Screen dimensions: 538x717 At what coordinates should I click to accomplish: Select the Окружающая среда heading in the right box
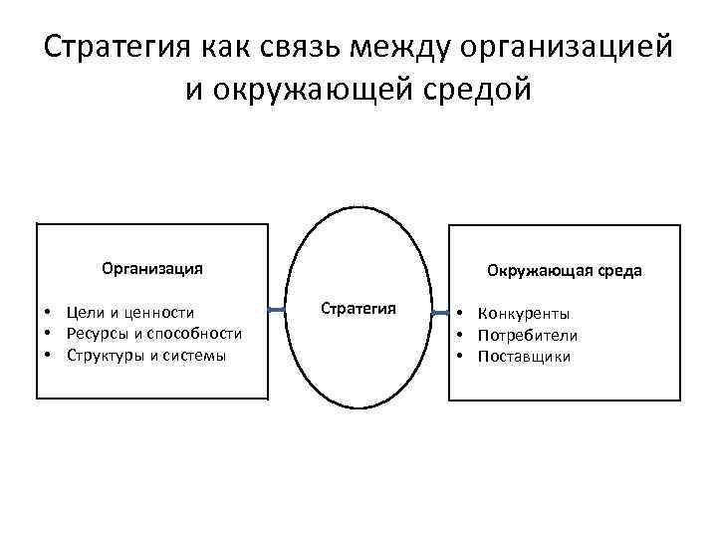pos(564,270)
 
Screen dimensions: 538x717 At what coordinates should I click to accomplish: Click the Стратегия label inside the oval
pos(358,308)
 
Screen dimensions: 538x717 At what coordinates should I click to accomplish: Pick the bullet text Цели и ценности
pos(130,313)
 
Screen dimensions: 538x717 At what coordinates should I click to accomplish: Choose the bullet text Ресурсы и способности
pos(153,333)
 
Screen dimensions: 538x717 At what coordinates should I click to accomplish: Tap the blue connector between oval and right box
pos(438,313)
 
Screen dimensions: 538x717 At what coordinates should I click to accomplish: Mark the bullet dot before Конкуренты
pos(461,314)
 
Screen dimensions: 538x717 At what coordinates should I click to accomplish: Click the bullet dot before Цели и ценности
pos(47,313)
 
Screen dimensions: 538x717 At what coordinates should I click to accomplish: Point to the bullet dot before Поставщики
pos(461,357)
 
